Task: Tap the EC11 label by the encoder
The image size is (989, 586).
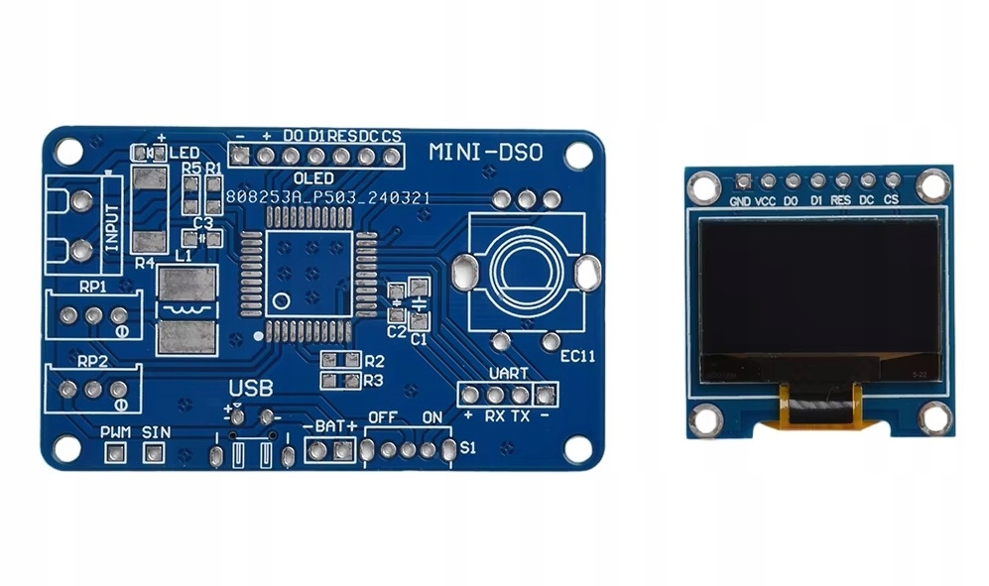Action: click(x=576, y=355)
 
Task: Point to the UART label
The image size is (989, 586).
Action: click(x=508, y=374)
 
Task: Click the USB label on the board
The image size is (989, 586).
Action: click(x=251, y=388)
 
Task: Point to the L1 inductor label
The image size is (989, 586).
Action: click(x=183, y=256)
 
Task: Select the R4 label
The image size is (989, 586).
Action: click(x=145, y=263)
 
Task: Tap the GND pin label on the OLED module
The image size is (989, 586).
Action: click(x=740, y=201)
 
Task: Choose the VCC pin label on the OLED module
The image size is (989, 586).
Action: click(x=766, y=201)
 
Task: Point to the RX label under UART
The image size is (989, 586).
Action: click(x=495, y=415)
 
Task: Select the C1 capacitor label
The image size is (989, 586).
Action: click(x=418, y=339)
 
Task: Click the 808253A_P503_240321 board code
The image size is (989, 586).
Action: click(x=327, y=197)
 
